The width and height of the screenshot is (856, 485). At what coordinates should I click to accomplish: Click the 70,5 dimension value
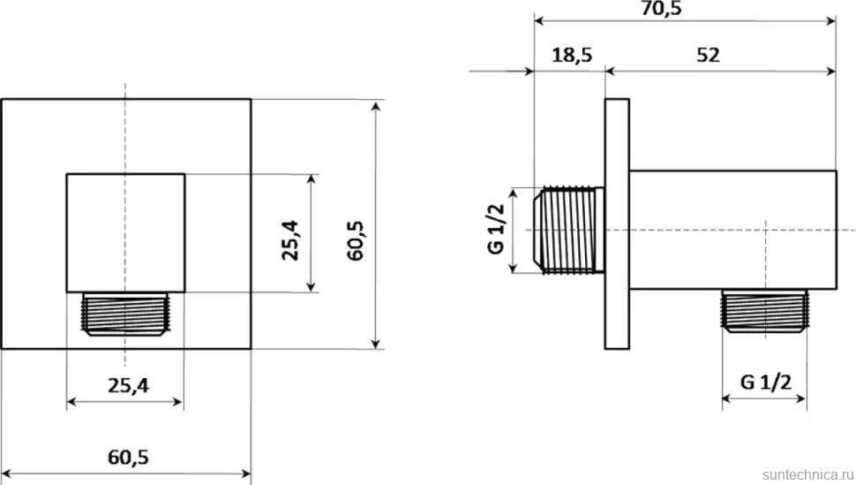(661, 8)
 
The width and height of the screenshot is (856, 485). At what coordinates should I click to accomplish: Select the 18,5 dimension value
(572, 56)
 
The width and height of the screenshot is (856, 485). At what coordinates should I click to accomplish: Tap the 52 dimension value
(708, 55)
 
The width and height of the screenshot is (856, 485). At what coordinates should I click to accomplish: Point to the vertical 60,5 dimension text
(356, 240)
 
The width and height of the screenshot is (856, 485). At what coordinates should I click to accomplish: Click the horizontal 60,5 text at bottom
(128, 457)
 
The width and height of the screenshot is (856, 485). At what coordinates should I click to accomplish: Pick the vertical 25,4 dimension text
(289, 240)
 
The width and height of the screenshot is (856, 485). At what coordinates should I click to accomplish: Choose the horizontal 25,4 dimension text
(128, 386)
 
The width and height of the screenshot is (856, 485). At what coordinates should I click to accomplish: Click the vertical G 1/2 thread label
(496, 229)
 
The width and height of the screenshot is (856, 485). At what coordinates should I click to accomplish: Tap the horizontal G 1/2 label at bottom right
(765, 382)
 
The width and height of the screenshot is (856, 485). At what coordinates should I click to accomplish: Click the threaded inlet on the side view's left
(569, 230)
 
